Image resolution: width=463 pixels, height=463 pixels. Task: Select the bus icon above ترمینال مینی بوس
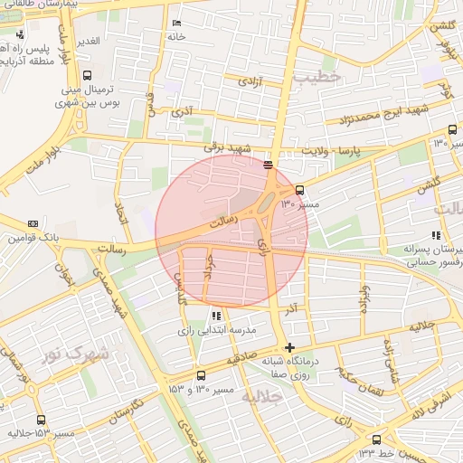tap(87, 75)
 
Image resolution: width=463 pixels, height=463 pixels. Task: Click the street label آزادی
tap(250, 81)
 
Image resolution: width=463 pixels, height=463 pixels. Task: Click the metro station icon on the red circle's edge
tap(268, 165)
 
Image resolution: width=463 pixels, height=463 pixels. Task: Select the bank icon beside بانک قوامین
tap(34, 223)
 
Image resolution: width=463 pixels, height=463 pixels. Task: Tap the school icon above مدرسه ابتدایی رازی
tap(215, 317)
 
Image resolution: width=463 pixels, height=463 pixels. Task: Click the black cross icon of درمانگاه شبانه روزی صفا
tap(288, 347)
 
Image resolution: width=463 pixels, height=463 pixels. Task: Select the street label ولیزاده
tap(365, 298)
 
